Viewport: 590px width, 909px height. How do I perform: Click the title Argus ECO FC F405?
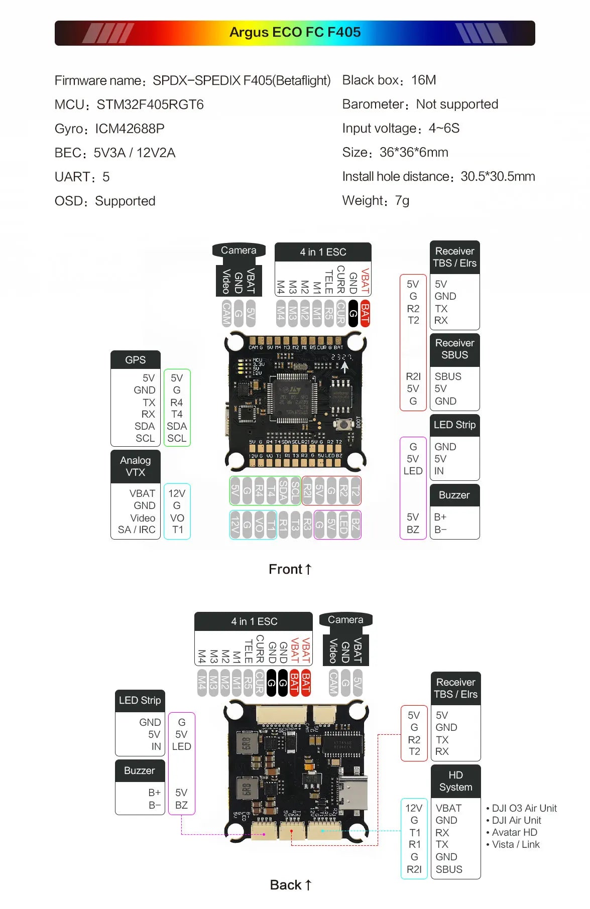(x=295, y=32)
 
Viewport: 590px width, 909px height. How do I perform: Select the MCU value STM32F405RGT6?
(x=150, y=104)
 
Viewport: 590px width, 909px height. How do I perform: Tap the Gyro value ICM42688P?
(x=130, y=128)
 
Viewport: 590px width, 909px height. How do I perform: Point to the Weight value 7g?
(x=402, y=201)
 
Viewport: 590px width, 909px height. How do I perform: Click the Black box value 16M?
(x=423, y=80)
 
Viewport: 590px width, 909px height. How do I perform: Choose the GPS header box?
(x=135, y=360)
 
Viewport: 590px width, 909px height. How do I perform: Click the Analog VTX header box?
(x=135, y=466)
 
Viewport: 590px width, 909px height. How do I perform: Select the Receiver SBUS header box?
(x=454, y=349)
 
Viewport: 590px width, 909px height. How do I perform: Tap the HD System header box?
(x=455, y=782)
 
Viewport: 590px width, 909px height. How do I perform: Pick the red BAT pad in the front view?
(x=365, y=314)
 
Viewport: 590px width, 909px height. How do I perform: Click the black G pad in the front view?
(x=353, y=314)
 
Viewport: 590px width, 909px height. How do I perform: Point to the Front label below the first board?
(x=290, y=569)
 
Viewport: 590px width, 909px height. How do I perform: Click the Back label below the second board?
(x=290, y=885)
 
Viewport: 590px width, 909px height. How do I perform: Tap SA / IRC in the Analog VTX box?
(x=137, y=530)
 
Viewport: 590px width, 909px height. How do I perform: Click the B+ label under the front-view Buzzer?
(x=440, y=517)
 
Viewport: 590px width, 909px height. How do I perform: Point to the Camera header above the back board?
(x=345, y=620)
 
